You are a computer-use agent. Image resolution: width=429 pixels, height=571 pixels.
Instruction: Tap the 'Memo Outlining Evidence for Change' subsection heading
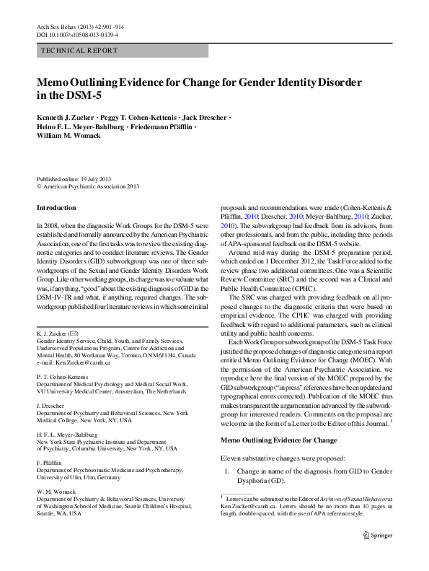278,440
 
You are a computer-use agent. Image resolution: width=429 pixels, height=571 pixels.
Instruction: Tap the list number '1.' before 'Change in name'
228,471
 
